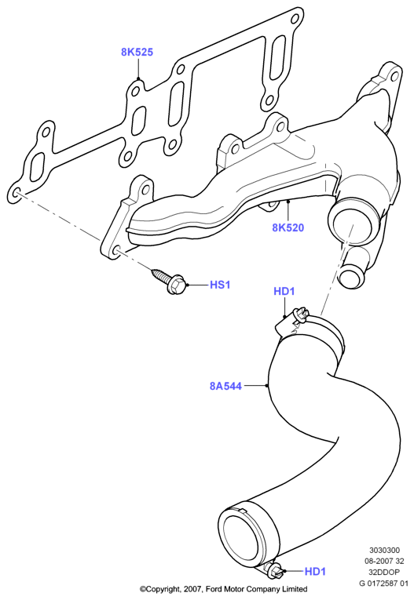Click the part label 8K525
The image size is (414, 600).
137,52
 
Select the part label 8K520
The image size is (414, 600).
288,227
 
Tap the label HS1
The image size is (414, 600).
220,285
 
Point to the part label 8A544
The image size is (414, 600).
225,386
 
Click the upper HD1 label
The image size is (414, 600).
284,291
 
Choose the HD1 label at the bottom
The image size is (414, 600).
315,571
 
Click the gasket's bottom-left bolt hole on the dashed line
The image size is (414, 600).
16,194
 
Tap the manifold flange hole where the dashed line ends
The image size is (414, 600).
117,252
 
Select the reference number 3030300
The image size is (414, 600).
384,551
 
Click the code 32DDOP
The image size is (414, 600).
384,572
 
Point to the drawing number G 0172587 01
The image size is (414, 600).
383,584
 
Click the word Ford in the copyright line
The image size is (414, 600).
214,589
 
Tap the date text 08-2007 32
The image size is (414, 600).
384,562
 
